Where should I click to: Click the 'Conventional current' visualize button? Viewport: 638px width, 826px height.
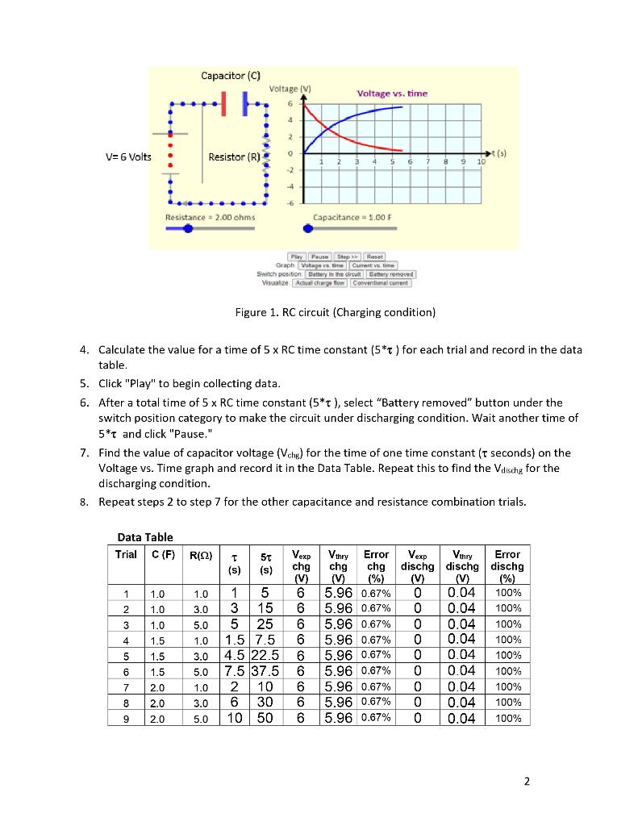(384, 282)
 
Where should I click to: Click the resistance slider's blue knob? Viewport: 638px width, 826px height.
(188, 228)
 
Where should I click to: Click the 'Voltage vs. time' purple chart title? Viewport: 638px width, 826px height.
(392, 94)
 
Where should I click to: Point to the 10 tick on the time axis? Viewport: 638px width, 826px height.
(482, 162)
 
